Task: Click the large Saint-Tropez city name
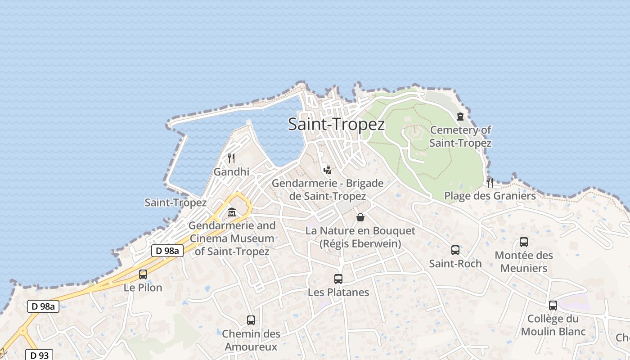(336, 124)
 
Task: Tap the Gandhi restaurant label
(231, 171)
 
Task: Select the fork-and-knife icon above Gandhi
(231, 158)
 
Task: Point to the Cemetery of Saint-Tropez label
(460, 136)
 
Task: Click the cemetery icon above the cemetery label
(460, 117)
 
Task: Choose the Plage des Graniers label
(490, 196)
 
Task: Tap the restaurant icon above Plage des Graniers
(490, 182)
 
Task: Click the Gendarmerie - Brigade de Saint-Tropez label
(328, 189)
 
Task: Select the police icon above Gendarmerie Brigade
(328, 170)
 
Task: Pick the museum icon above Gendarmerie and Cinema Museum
(232, 212)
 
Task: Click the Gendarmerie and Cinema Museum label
(232, 238)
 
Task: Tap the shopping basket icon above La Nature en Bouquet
(360, 217)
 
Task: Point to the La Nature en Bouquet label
(360, 237)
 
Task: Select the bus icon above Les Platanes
(338, 279)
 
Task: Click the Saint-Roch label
(455, 263)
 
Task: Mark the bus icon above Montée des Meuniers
(524, 242)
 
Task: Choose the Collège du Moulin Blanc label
(553, 325)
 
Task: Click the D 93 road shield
(39, 355)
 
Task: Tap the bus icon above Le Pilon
(143, 274)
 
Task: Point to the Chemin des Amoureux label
(251, 340)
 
